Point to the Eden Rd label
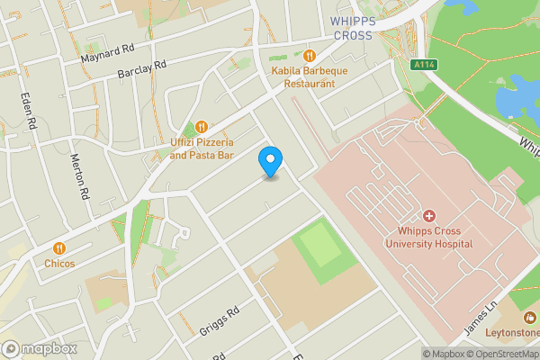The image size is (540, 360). (29, 109)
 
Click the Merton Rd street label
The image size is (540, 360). (80, 175)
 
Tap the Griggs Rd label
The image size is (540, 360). (220, 321)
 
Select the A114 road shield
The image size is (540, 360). (425, 65)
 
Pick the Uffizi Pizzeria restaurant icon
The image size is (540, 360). (202, 127)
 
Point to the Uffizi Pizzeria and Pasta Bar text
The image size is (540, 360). (202, 149)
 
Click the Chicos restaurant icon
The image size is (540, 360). (59, 247)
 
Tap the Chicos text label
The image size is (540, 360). (59, 264)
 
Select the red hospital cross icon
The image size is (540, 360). (429, 216)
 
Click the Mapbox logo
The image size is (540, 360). (38, 348)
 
